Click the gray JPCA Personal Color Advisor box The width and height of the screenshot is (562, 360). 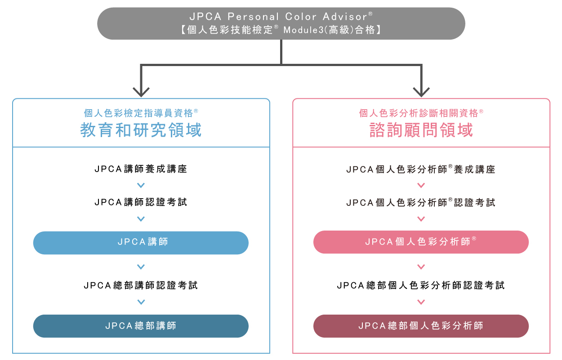pos(281,23)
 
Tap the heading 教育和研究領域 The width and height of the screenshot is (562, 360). pos(141,130)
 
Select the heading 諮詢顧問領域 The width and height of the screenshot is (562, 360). pos(421,130)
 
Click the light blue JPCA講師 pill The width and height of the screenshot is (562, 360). pos(141,243)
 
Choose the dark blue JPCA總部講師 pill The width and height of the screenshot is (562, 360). pos(141,326)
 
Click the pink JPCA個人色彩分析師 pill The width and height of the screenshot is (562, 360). pos(421,242)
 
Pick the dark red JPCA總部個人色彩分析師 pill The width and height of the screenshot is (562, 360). pos(421,326)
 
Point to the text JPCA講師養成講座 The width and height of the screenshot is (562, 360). pos(141,169)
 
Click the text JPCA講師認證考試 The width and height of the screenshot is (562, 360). pos(141,203)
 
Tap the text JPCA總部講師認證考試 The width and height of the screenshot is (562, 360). pos(141,285)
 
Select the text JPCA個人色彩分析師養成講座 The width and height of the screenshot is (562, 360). pos(421,169)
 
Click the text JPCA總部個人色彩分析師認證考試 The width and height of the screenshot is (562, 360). pos(421,285)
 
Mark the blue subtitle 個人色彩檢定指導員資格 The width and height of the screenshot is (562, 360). pos(141,113)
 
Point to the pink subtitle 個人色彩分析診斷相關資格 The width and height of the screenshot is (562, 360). pos(421,113)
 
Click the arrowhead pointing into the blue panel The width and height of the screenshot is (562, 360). pos(141,92)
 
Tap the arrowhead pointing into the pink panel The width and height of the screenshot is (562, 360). pos(421,92)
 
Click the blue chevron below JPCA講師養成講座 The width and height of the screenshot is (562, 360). pos(141,185)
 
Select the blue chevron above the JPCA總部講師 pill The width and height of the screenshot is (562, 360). pos(141,302)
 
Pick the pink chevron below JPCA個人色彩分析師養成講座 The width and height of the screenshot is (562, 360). pos(421,185)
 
